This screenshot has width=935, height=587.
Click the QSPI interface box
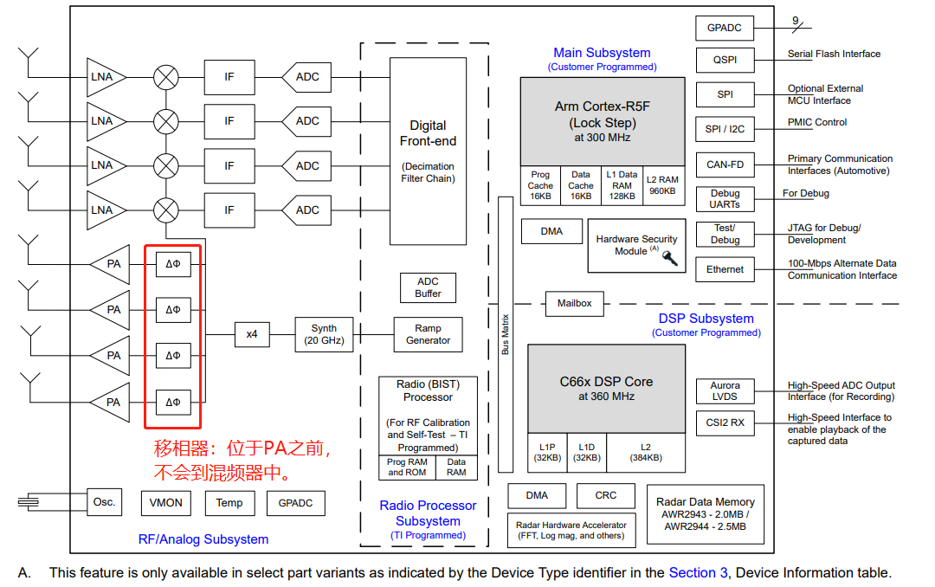[x=725, y=60]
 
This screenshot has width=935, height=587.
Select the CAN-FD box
[x=725, y=164]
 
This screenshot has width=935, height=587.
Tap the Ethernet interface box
[x=725, y=269]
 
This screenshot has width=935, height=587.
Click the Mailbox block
[x=574, y=304]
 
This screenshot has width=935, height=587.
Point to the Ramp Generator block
[x=428, y=334]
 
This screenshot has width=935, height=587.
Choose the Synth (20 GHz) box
[x=324, y=334]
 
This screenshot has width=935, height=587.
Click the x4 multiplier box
[x=252, y=334]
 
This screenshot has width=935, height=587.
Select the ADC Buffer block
[x=428, y=287]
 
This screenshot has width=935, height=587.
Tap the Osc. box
[x=104, y=502]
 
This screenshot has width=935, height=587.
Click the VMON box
[x=166, y=502]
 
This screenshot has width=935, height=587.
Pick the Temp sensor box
[x=229, y=502]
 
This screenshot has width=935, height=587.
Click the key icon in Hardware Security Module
[x=669, y=257]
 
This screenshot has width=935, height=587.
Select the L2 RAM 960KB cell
[x=662, y=185]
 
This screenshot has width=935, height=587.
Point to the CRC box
[x=606, y=495]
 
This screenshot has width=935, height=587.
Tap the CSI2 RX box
[x=725, y=423]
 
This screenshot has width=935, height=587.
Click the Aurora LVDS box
[x=725, y=391]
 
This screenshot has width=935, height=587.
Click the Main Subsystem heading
[x=602, y=53]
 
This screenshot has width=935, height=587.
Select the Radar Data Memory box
[x=705, y=513]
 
